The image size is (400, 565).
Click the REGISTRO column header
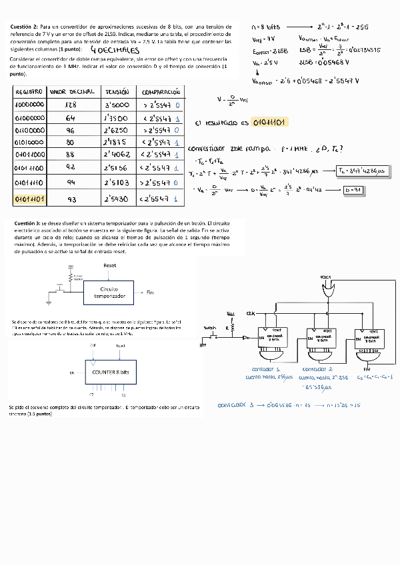coord(29,91)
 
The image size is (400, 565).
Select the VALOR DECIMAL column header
coord(72,91)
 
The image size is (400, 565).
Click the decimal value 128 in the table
coord(71,105)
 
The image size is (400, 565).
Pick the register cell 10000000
coord(29,105)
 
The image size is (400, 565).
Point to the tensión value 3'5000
coord(117,105)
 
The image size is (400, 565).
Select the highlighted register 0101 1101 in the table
coord(29,199)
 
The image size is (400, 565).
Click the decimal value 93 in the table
coord(71,199)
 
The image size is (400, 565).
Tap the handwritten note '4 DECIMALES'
coord(114,51)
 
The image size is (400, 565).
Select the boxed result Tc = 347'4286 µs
coord(363,171)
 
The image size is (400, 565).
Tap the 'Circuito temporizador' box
coord(109,292)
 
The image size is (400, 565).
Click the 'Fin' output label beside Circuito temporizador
coord(150,292)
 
